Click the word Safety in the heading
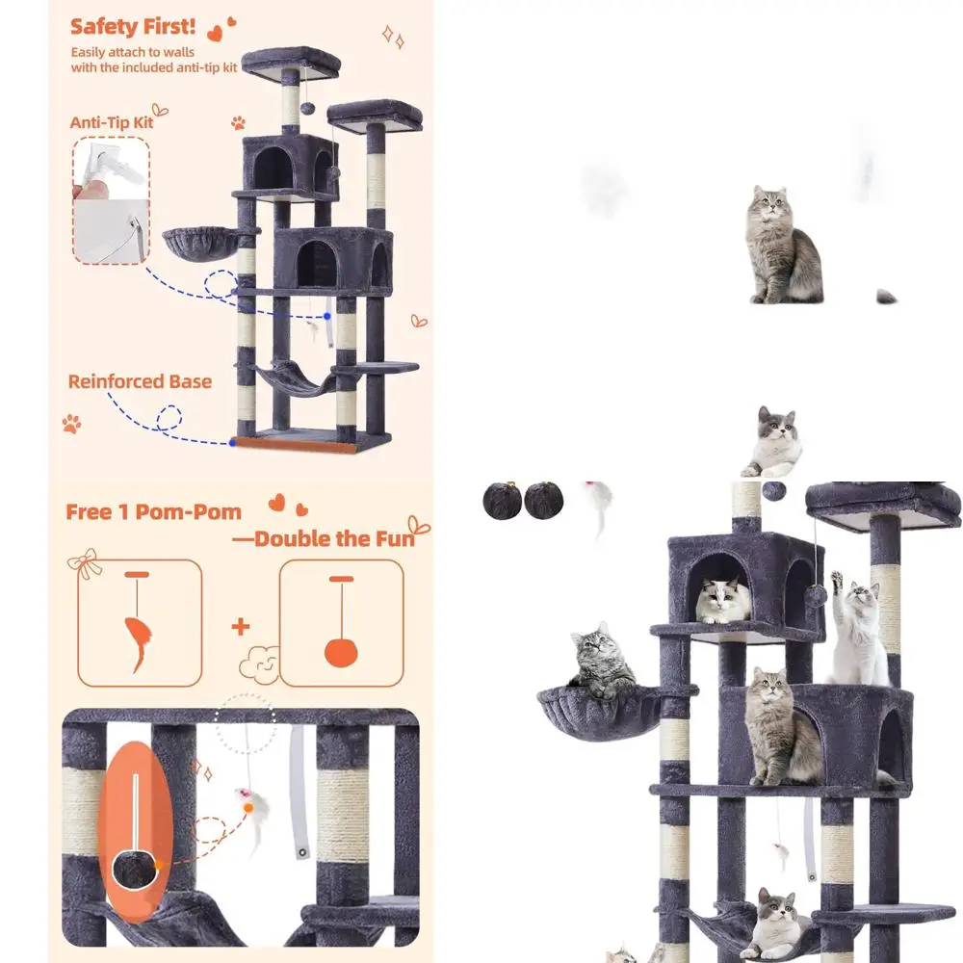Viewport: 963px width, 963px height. coord(103,25)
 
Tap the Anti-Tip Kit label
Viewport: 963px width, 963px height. coord(112,122)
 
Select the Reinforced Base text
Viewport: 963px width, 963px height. coord(140,381)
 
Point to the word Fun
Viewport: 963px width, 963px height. coord(391,538)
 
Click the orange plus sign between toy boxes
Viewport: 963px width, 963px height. coord(240,627)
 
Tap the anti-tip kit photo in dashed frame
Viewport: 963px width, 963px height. coord(111,200)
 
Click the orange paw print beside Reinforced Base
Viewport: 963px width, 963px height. coord(72,424)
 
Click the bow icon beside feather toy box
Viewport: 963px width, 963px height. coord(90,563)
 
